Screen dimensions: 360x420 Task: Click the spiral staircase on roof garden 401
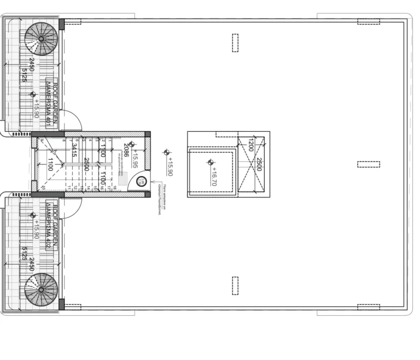40,39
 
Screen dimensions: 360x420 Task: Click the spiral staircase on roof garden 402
40,289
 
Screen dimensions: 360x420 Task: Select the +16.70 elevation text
214,176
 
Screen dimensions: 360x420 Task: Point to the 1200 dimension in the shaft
250,146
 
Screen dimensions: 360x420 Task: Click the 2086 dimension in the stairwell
125,150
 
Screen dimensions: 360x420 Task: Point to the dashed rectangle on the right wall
368,164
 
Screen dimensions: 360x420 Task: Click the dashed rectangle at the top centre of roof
235,43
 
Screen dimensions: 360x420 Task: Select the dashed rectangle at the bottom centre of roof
235,285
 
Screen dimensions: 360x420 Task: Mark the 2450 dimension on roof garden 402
31,266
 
